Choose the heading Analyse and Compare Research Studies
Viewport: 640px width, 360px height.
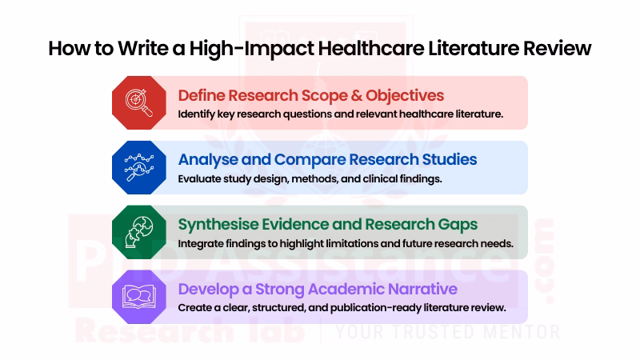coord(327,159)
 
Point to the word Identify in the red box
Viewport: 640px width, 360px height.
coord(197,114)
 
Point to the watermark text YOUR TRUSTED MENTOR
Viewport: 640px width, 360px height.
coord(447,331)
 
